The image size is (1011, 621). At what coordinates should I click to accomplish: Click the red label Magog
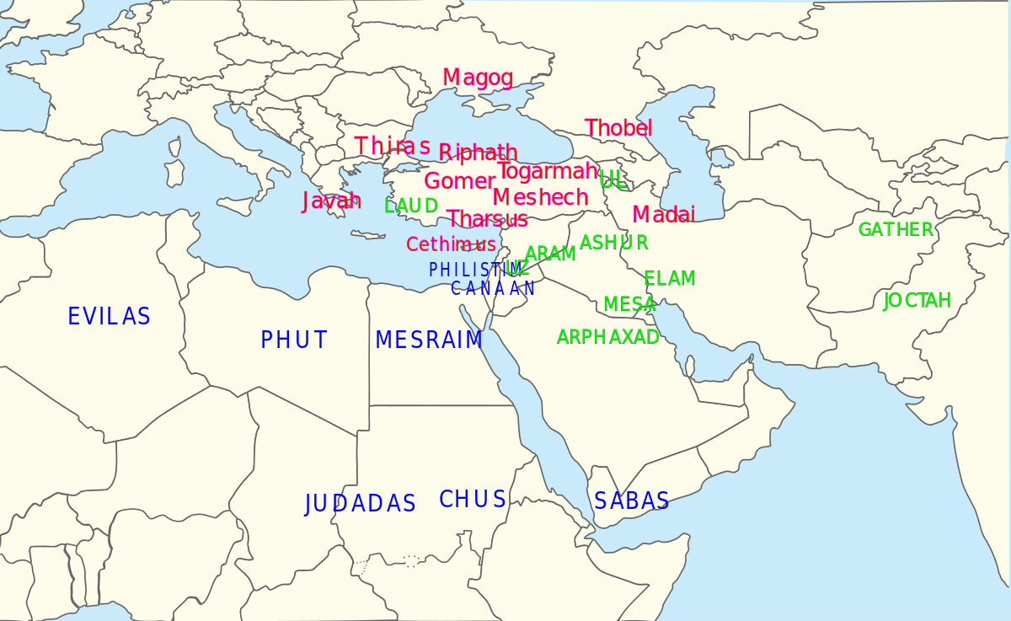(x=478, y=78)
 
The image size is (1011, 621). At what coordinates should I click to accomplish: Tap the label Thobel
(x=618, y=128)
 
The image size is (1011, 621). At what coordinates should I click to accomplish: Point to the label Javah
(x=331, y=201)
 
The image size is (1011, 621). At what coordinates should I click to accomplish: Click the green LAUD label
(x=411, y=206)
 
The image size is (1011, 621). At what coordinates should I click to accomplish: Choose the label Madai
(x=663, y=214)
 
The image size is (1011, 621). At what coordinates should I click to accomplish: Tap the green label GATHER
(x=896, y=229)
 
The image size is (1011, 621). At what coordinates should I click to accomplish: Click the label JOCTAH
(x=917, y=300)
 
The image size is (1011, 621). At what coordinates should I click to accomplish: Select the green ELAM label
(x=670, y=279)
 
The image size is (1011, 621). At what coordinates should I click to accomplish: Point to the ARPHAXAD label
(x=607, y=337)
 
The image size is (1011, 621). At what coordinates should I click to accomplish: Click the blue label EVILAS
(x=109, y=317)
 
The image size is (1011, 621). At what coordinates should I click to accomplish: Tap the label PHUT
(x=294, y=340)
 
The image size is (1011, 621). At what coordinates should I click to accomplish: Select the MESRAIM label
(x=429, y=340)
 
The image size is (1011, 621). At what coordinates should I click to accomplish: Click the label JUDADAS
(x=360, y=504)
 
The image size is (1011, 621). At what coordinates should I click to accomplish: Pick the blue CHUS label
(x=473, y=500)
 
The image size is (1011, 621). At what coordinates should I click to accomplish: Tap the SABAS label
(x=631, y=501)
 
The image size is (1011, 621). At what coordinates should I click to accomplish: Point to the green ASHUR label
(x=613, y=243)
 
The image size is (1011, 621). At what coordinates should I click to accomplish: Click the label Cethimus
(x=451, y=244)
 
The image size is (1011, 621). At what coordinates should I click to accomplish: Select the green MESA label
(x=629, y=304)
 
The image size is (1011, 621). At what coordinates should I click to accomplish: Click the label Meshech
(x=540, y=197)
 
